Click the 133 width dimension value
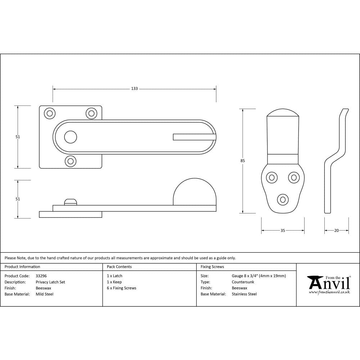134,89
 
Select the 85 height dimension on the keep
243,161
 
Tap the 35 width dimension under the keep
283,230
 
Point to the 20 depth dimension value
336,230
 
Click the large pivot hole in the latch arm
71,137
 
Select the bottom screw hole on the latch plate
71,161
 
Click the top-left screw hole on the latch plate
50,113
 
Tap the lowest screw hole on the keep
283,199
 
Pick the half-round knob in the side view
195,192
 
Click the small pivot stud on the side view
71,202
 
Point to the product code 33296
41,276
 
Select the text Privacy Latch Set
50,282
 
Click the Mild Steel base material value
44,294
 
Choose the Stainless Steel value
244,294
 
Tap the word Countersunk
243,282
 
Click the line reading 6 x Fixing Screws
121,288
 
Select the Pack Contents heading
119,267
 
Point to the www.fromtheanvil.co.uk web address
329,292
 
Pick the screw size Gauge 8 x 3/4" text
258,276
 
